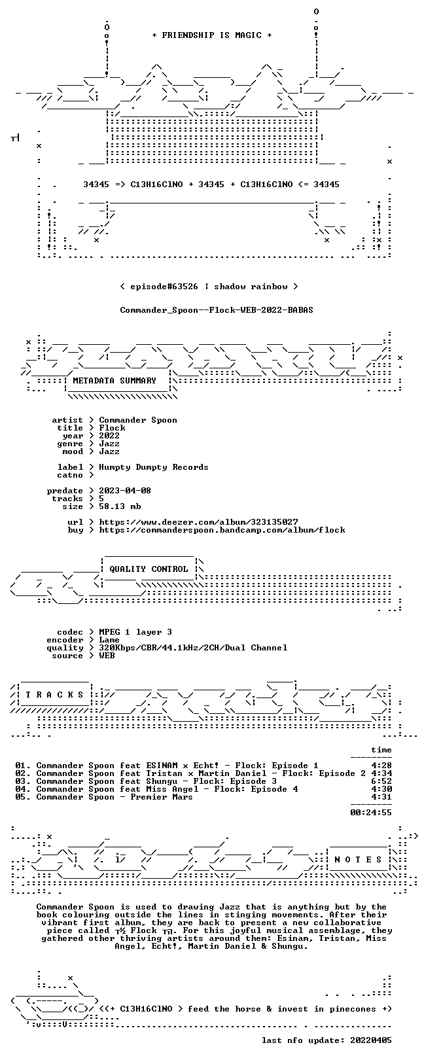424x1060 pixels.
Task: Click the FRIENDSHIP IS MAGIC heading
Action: point(211,35)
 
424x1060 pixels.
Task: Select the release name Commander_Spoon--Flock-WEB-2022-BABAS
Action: point(217,310)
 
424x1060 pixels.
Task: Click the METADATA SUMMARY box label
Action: point(115,380)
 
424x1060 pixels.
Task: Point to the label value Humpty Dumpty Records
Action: point(153,468)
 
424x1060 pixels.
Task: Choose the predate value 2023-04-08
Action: point(125,491)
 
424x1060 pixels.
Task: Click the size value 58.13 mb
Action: point(120,506)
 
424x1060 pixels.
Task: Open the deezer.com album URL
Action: point(198,522)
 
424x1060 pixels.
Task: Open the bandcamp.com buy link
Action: point(222,530)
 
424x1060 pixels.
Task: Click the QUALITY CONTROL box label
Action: point(149,569)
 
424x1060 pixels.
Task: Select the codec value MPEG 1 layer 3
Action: point(135,632)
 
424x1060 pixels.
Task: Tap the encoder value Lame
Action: point(109,640)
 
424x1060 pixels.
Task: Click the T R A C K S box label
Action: point(54,695)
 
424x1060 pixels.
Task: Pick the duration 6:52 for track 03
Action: point(381,781)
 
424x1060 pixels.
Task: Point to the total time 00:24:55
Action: point(371,813)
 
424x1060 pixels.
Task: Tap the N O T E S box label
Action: point(358,859)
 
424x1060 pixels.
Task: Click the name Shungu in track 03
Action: point(162,781)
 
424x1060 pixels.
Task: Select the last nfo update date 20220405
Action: point(371,1040)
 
